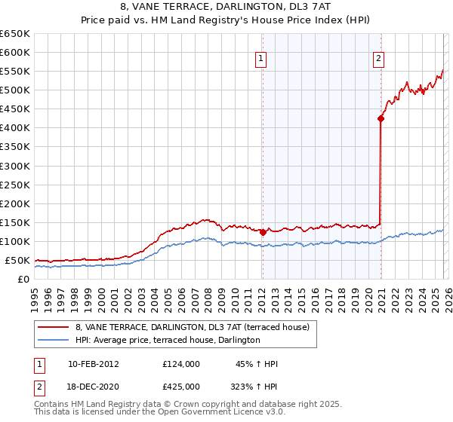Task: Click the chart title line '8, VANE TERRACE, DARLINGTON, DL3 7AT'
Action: [x=226, y=8]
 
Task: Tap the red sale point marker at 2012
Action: [x=263, y=232]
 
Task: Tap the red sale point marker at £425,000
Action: [x=381, y=118]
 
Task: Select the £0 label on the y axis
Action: [x=23, y=279]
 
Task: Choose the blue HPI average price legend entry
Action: [x=167, y=341]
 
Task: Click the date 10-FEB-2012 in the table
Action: [x=94, y=364]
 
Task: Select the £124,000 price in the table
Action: [x=181, y=364]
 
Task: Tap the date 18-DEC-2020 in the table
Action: [x=94, y=387]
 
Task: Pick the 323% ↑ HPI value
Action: [x=254, y=387]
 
